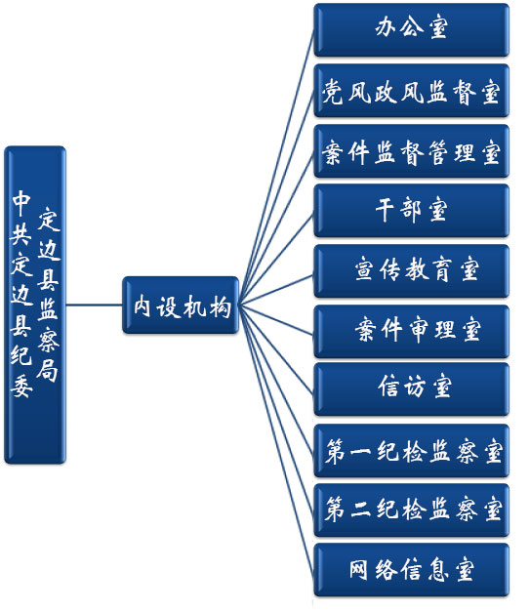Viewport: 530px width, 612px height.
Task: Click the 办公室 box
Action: (411, 29)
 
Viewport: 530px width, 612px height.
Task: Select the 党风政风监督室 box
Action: (411, 91)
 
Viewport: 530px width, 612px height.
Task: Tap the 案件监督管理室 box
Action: (411, 151)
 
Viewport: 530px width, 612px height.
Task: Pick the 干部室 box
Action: (411, 211)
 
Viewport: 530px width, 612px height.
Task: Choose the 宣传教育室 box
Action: (411, 271)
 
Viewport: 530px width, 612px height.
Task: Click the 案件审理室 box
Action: (411, 332)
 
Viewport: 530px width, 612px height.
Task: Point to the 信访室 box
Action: (411, 389)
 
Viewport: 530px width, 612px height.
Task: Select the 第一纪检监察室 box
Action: (411, 451)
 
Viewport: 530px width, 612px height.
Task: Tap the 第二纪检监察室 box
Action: (411, 510)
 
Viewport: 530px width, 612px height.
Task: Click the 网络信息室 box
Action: (411, 570)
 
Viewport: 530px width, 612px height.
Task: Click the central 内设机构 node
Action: (181, 306)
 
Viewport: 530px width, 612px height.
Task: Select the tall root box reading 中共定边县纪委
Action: (35, 305)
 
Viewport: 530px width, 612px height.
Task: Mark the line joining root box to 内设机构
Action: (94, 305)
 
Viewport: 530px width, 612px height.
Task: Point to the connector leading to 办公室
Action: (276, 168)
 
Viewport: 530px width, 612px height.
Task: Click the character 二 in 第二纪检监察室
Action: (360, 510)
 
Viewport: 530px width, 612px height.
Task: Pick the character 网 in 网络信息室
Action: (358, 570)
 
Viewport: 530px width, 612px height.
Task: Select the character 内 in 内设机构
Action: (142, 306)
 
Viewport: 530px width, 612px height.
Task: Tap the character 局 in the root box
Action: (48, 368)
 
